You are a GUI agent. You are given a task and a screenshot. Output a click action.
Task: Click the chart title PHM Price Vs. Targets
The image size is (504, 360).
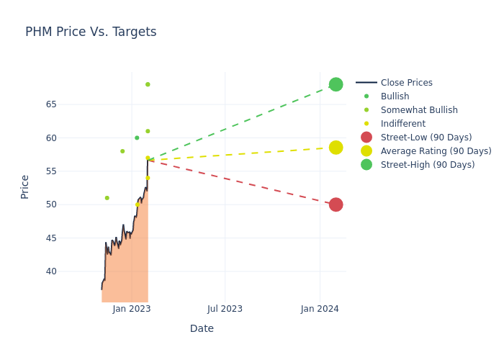(91, 32)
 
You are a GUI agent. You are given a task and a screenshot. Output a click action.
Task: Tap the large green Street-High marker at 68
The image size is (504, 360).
(336, 84)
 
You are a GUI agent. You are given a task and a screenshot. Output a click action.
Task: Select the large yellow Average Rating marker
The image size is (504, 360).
(336, 148)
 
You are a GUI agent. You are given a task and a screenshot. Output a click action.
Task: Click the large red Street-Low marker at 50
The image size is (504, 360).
(336, 204)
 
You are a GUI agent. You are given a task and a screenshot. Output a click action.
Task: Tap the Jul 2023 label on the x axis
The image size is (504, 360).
(225, 309)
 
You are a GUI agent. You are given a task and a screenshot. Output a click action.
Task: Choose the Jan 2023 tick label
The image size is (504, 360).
(132, 309)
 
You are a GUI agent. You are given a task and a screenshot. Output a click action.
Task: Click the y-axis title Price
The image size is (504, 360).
(25, 186)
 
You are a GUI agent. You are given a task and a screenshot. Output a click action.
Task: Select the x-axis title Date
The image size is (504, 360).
(202, 329)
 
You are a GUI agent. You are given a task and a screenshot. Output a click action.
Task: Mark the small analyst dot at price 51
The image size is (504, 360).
(107, 198)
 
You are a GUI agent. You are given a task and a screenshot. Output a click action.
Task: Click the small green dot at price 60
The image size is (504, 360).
(137, 138)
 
